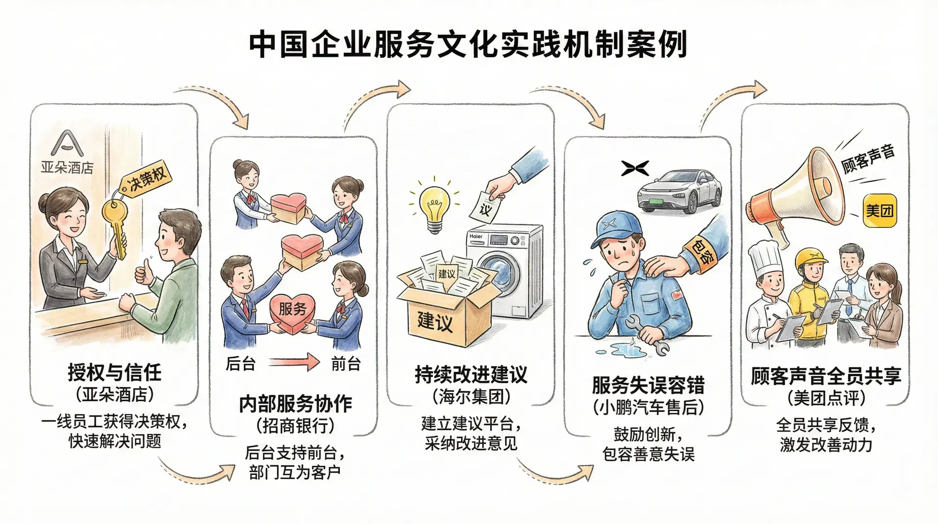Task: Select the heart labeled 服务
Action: (293, 313)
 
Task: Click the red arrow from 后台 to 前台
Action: (294, 363)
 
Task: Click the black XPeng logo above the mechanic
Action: (635, 168)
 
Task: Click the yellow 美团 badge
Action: (880, 211)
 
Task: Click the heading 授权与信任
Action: (114, 373)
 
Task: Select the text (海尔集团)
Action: (471, 396)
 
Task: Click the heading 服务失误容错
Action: (648, 385)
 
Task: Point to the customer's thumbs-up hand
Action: (143, 271)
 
